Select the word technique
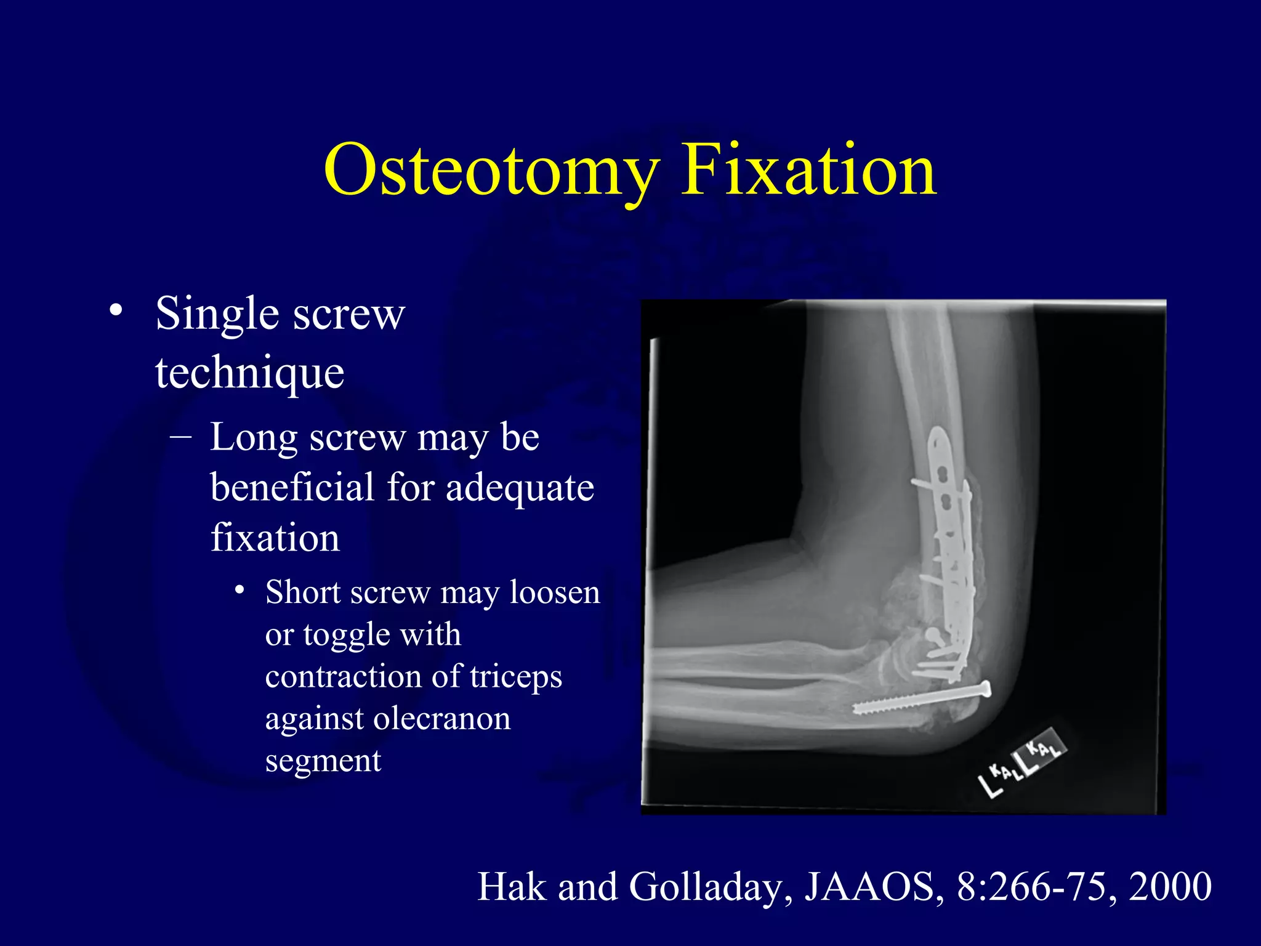tap(249, 373)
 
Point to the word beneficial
tap(292, 487)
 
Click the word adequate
tap(519, 488)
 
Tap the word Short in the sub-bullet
tap(302, 592)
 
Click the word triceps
tap(516, 676)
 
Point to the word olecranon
tap(441, 718)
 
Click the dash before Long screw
tap(181, 437)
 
